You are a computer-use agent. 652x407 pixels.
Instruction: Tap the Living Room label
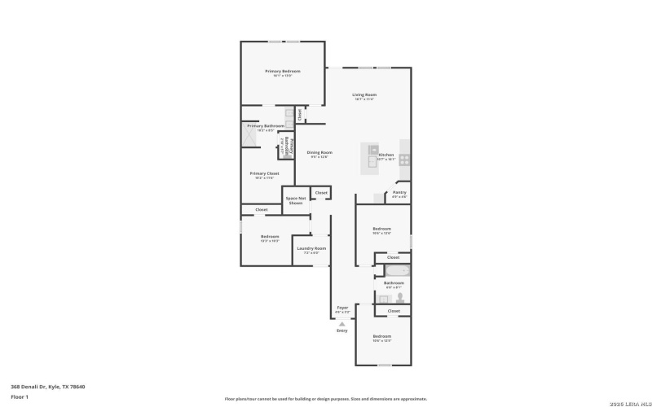point(363,95)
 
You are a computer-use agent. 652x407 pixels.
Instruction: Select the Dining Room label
point(319,153)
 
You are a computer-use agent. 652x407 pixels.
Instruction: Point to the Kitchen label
point(386,155)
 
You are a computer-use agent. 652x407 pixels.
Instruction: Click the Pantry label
point(399,193)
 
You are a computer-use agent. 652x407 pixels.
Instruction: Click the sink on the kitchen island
point(372,151)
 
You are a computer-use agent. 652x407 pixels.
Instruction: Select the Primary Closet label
point(264,173)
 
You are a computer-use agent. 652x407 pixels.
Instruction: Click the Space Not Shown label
point(295,199)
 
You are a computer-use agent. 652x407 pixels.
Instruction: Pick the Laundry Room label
point(311,249)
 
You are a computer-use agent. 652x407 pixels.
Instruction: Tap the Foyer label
point(343,309)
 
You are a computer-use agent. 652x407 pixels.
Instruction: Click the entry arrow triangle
point(341,323)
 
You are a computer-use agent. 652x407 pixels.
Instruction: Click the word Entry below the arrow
point(341,330)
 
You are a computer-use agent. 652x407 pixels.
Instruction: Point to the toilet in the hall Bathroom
point(399,297)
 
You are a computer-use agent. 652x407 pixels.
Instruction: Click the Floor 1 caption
point(20,396)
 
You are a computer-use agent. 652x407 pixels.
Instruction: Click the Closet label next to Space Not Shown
point(321,193)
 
